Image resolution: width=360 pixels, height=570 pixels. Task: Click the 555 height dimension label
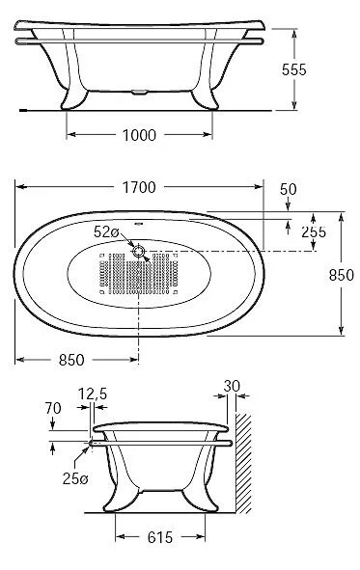click(x=293, y=69)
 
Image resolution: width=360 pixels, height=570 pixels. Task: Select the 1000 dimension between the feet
click(x=139, y=135)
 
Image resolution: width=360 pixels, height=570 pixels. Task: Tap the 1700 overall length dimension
click(x=139, y=187)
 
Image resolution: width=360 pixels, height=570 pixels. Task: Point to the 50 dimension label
click(x=288, y=189)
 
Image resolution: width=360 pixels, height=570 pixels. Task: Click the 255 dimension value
click(x=314, y=231)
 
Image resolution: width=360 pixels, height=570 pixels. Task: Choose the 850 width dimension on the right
click(x=341, y=275)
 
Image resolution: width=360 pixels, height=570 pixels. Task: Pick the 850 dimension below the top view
click(x=71, y=360)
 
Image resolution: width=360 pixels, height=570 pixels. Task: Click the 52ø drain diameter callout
click(x=106, y=231)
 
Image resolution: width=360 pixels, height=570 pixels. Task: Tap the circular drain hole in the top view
click(x=139, y=251)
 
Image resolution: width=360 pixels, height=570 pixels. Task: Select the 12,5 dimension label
click(x=93, y=394)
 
